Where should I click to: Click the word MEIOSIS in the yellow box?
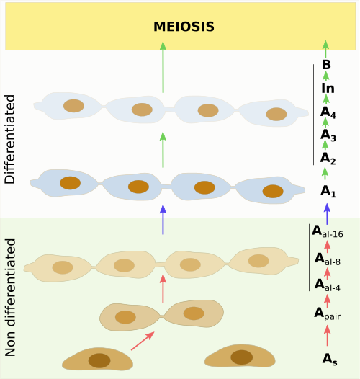point(184,27)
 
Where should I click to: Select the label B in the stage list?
point(326,65)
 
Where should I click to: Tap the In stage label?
point(328,88)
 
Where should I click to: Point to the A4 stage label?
point(328,112)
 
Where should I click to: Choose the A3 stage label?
point(328,135)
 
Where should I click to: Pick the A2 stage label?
point(328,159)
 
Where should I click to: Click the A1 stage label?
point(328,192)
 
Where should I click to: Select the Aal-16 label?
point(328,231)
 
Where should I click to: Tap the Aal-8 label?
point(328,259)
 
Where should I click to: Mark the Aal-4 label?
point(328,285)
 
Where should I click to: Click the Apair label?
point(328,314)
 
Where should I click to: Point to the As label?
point(330,360)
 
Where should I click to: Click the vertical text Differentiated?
point(10,139)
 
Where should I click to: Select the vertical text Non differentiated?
point(10,298)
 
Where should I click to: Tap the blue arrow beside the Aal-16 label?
point(327,214)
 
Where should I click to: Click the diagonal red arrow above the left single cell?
point(143,341)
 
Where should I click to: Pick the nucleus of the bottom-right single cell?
point(242,357)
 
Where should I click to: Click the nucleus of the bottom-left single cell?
point(99,361)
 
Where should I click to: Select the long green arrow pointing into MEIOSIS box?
point(163,67)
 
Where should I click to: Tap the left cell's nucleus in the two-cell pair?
point(125,317)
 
